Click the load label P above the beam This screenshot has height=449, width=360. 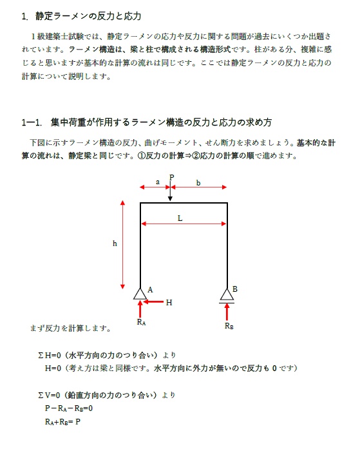[171, 177]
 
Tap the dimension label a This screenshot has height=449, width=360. [157, 182]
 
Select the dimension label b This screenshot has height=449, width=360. [198, 183]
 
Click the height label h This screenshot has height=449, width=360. [115, 244]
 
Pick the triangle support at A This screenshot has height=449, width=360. [140, 294]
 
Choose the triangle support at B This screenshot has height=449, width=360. [227, 294]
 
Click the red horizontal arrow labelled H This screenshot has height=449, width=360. [153, 301]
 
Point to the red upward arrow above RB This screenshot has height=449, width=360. [227, 311]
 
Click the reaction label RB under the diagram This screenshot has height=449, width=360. [229, 326]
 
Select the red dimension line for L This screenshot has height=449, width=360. [184, 224]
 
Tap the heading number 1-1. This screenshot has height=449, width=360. [32, 122]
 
